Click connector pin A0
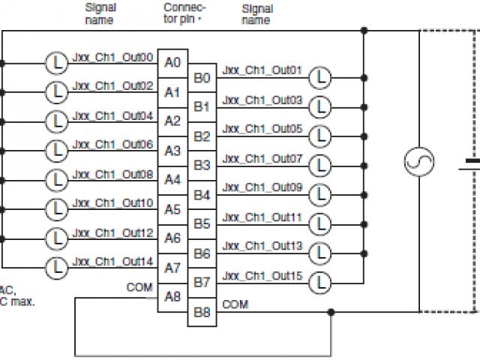click(x=172, y=62)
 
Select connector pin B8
click(x=201, y=311)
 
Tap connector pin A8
click(x=172, y=296)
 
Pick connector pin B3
click(x=201, y=165)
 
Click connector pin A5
click(x=172, y=209)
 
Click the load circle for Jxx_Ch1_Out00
click(x=55, y=61)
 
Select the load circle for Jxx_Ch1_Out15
click(x=320, y=282)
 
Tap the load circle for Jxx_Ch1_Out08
click(x=55, y=179)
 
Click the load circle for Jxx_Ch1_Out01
click(x=320, y=76)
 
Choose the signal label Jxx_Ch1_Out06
click(x=113, y=143)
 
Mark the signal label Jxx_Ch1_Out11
click(x=262, y=217)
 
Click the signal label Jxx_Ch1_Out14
click(x=113, y=261)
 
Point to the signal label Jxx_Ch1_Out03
click(x=262, y=100)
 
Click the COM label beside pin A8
click(x=139, y=287)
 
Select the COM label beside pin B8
click(x=235, y=304)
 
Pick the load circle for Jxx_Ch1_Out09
click(x=320, y=194)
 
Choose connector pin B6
click(x=201, y=253)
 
